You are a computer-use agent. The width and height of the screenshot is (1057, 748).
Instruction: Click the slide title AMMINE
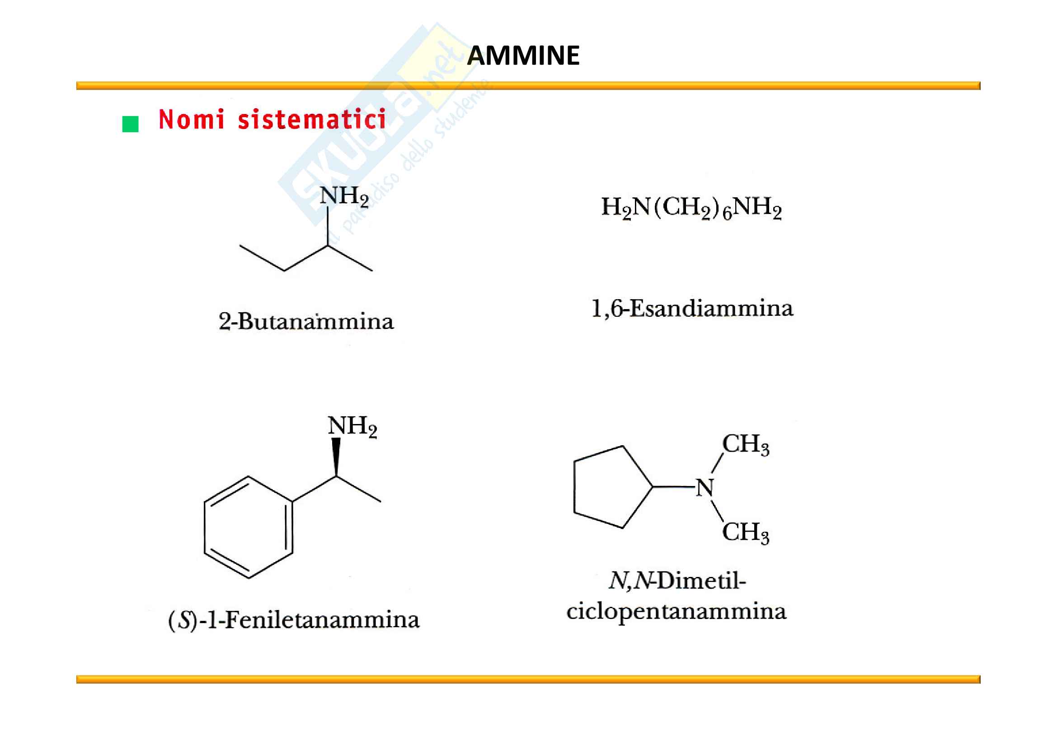click(x=523, y=56)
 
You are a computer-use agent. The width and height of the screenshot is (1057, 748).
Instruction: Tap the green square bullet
click(x=130, y=124)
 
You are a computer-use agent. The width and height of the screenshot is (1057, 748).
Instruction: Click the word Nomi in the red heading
click(x=192, y=119)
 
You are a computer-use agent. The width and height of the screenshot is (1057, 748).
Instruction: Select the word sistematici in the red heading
click(x=312, y=119)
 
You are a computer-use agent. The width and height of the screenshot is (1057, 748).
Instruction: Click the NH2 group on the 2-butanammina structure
click(x=344, y=197)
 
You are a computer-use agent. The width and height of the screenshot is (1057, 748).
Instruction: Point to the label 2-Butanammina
click(x=306, y=321)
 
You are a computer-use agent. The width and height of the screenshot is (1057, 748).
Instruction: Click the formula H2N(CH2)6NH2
click(x=691, y=208)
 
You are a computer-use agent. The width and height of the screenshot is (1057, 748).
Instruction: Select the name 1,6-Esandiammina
click(x=692, y=308)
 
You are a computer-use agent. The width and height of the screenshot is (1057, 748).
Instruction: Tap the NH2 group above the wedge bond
click(x=352, y=426)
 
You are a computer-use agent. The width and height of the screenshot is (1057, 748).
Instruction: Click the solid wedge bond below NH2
click(x=336, y=456)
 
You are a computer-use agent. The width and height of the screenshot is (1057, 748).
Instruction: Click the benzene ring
click(x=249, y=527)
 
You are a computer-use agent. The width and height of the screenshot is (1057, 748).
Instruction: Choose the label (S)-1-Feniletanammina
click(x=294, y=619)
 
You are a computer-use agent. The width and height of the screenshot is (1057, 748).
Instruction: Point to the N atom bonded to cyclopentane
click(x=705, y=488)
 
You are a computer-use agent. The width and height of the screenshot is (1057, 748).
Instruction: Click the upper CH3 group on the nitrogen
click(x=745, y=445)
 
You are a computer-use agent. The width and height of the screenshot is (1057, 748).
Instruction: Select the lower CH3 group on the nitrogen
click(x=745, y=533)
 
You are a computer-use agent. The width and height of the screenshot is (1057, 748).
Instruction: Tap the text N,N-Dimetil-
click(x=677, y=581)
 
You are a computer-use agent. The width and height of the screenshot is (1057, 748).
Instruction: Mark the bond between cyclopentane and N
click(x=673, y=487)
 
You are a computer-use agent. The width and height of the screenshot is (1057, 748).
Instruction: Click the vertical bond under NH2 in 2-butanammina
click(x=327, y=226)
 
